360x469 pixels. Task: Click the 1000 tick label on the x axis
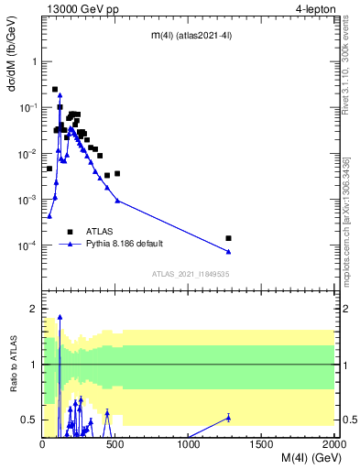tap(189, 444)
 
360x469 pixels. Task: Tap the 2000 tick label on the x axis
tap(334, 444)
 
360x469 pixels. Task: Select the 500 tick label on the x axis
tap(115, 444)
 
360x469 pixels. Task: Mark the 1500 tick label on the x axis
tap(262, 444)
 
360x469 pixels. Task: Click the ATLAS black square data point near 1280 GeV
tap(228, 238)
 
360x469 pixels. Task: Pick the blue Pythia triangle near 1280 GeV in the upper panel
tap(228, 251)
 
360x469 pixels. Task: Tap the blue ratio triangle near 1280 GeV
tap(228, 418)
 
